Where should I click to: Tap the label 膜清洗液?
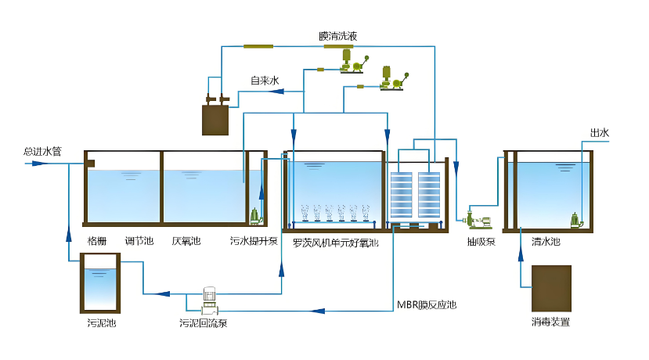coord(338,37)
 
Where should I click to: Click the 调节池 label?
coord(139,241)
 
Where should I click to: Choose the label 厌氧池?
coord(186,241)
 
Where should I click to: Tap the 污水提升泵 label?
coord(254,241)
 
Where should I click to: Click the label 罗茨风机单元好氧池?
coord(336,243)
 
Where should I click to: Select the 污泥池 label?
coord(102,322)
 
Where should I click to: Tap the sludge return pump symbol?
coord(209,295)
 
